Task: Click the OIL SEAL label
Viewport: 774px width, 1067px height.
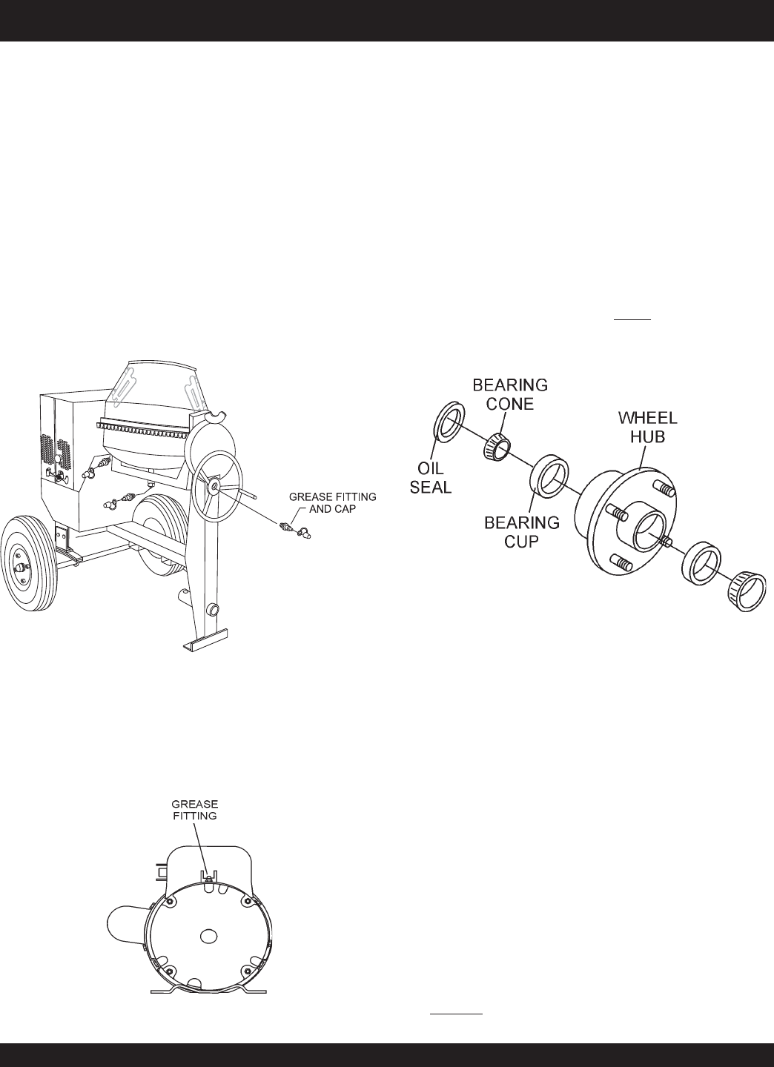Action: click(x=430, y=478)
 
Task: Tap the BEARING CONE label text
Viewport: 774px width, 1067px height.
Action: click(x=510, y=394)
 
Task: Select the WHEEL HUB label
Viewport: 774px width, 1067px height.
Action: click(x=648, y=428)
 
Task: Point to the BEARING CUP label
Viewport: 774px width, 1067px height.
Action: click(x=522, y=532)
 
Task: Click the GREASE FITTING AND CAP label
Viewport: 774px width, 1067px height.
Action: click(x=333, y=502)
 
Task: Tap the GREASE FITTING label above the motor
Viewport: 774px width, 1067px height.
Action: click(x=194, y=810)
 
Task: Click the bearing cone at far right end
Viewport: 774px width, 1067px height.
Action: click(x=747, y=593)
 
